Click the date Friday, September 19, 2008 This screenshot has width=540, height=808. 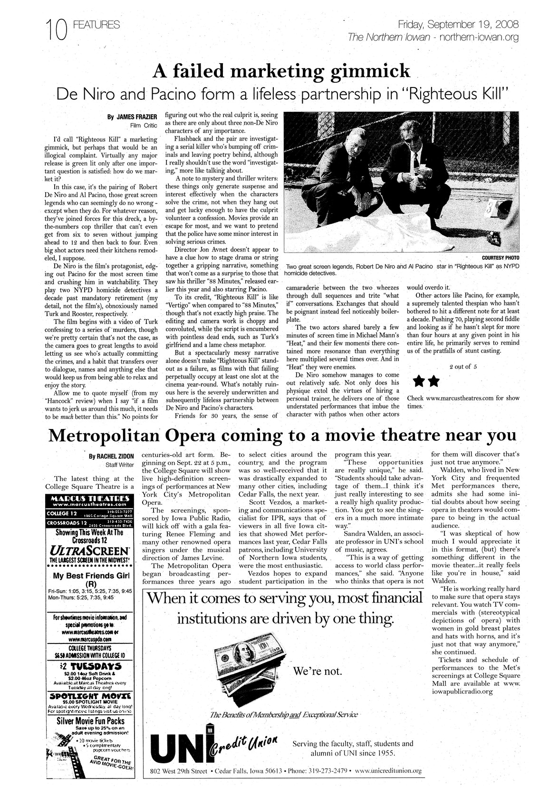pos(458,24)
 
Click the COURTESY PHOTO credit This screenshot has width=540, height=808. pos(501,258)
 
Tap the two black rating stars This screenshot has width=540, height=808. pos(426,381)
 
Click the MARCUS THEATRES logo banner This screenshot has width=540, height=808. pos(91,498)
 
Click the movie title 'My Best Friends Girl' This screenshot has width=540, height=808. pos(90,575)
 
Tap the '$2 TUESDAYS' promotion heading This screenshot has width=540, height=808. pos(90,666)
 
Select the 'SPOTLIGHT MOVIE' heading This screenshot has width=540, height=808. pos(90,696)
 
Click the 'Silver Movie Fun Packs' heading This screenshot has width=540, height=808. pos(91,720)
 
